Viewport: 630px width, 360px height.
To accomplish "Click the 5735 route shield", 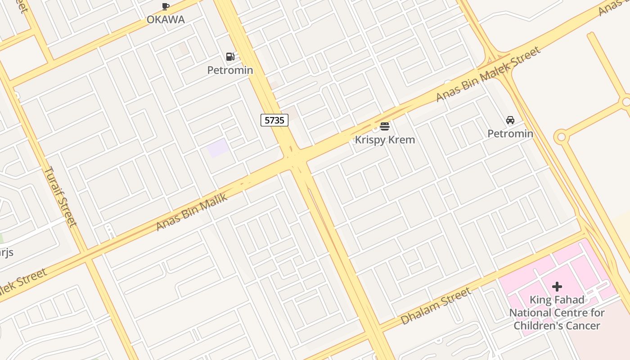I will click(x=274, y=120).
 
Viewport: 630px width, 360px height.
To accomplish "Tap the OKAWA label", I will click(x=166, y=20).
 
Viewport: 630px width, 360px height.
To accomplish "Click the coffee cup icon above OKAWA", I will click(x=166, y=6).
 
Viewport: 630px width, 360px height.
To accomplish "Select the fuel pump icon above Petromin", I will click(x=230, y=57).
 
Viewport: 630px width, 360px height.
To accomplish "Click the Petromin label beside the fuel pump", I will click(x=230, y=70).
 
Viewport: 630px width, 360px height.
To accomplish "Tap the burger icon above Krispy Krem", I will click(x=385, y=126).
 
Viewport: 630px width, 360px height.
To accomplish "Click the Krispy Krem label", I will click(x=385, y=140).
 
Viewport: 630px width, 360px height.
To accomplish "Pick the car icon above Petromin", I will click(x=510, y=120).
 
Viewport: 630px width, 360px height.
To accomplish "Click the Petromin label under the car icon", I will click(x=510, y=134).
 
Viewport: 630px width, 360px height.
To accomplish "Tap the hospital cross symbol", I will click(x=557, y=287).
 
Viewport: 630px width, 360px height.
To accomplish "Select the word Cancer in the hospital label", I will click(x=583, y=326).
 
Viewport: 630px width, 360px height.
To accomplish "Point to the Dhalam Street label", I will click(x=436, y=306).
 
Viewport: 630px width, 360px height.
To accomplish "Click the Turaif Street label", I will click(x=61, y=197).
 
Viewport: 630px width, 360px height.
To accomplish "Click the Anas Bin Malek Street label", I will click(x=488, y=74).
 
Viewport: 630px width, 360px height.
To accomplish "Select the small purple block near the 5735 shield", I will click(x=218, y=148).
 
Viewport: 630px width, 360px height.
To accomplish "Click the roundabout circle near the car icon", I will click(x=561, y=137).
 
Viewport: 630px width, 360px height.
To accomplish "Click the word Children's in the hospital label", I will click(x=538, y=326).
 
